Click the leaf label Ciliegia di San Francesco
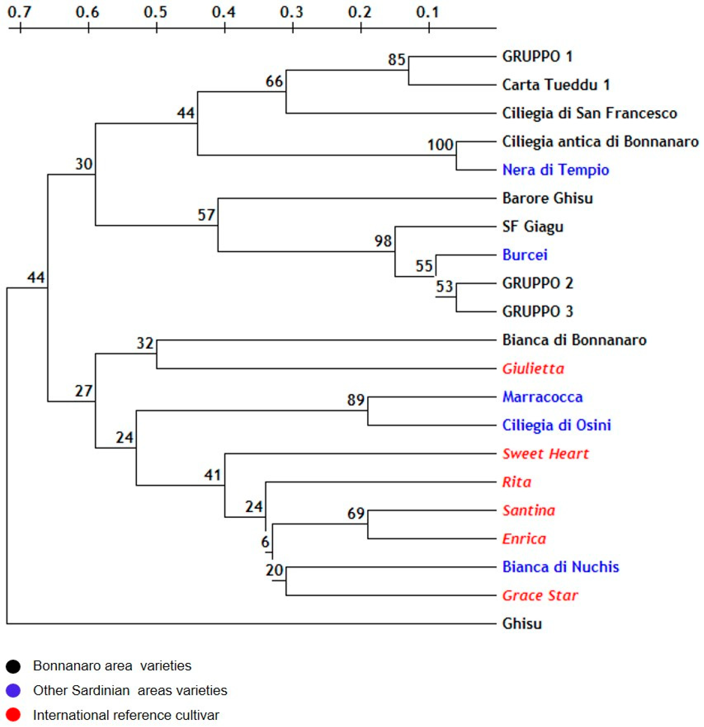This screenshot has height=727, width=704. tap(589, 113)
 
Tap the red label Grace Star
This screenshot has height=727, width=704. tap(540, 595)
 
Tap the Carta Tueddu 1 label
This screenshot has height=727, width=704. tap(556, 85)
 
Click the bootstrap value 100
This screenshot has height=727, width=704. tap(440, 145)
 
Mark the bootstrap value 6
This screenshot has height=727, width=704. tap(265, 542)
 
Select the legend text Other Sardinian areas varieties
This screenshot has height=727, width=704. tap(130, 691)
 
